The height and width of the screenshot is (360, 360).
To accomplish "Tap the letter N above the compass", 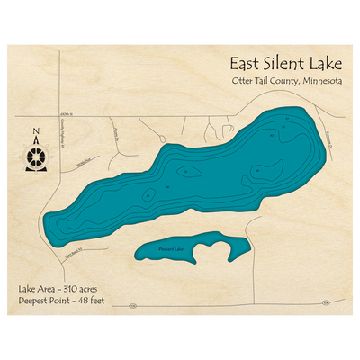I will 36,136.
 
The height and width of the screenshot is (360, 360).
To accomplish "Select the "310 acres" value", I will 83,288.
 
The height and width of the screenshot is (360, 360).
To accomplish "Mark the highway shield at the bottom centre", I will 130,306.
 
